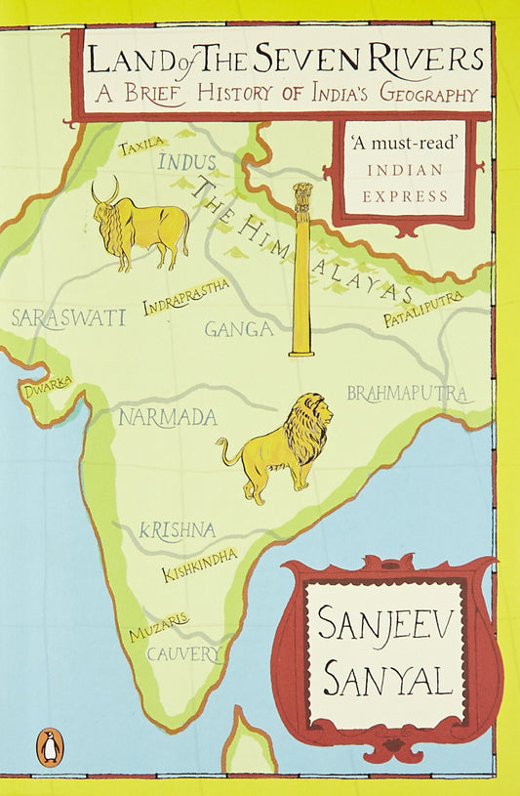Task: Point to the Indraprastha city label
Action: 186,297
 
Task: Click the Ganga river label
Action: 238,329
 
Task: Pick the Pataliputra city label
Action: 421,316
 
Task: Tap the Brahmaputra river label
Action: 409,393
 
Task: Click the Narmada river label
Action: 167,418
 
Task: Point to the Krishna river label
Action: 177,530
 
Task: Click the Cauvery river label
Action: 184,654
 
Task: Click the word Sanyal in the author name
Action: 387,678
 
